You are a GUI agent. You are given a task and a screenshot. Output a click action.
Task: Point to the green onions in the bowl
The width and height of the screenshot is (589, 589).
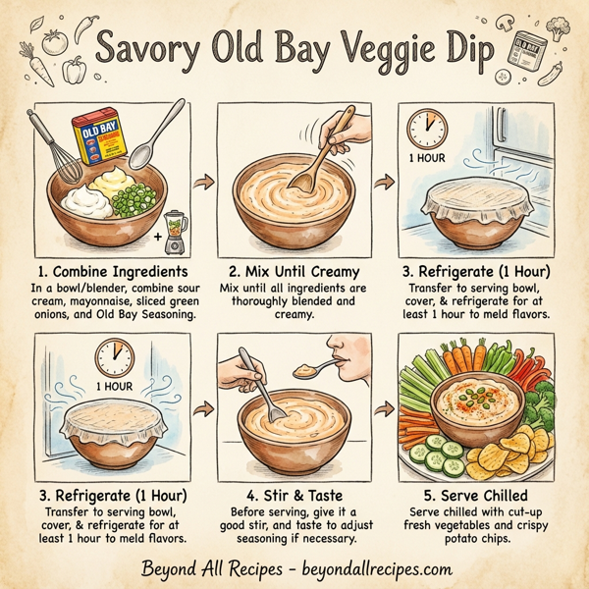(x=135, y=202)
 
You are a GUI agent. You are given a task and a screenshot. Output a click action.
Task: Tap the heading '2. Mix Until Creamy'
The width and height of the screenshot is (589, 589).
(x=294, y=271)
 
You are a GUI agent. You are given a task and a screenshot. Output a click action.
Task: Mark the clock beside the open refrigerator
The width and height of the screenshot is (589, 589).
(x=425, y=128)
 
